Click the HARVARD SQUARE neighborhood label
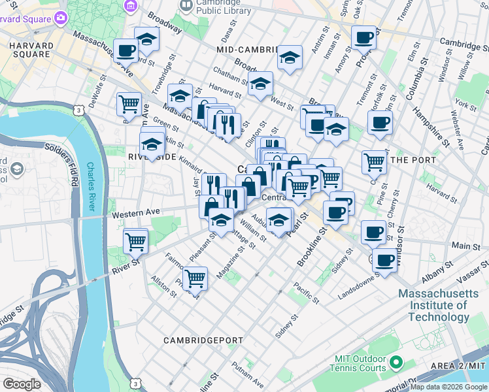click(x=29, y=49)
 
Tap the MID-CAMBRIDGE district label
click(x=247, y=50)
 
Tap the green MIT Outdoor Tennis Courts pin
click(x=395, y=361)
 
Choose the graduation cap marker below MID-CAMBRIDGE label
click(x=290, y=58)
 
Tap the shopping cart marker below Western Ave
click(x=135, y=240)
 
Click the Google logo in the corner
click(x=22, y=384)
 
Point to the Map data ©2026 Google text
click(x=448, y=387)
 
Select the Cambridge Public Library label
click(x=214, y=7)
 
